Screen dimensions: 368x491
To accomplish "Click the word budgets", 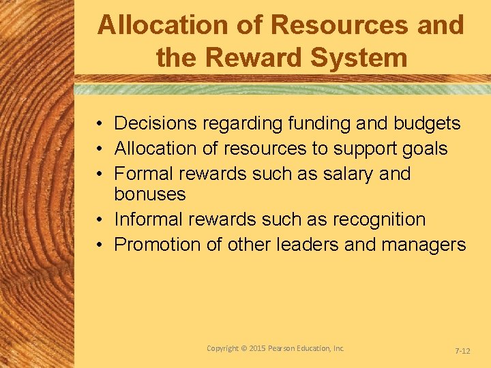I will point(428,123).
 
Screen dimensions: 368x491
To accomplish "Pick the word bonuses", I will point(150,194).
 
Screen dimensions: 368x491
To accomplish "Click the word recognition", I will point(379,219).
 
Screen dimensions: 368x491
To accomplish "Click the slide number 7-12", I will point(462,350).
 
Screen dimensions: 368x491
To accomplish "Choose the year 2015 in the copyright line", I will point(255,348).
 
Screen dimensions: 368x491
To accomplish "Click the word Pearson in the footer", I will point(286,348).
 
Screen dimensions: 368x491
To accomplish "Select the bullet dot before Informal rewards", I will point(100,220).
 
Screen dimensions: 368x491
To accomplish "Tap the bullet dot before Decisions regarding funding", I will point(100,124).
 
